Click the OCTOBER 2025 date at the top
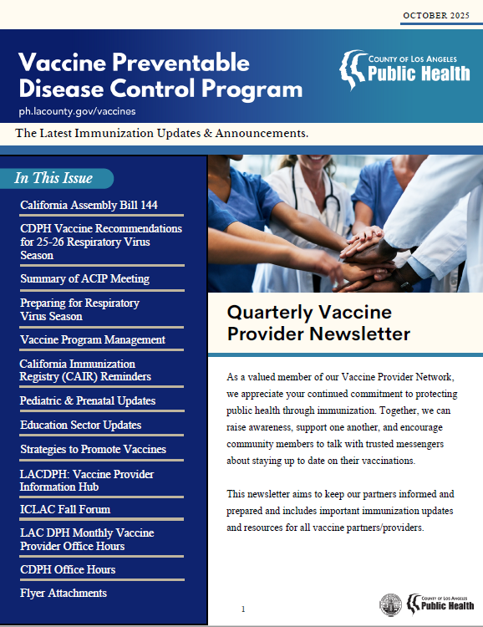436,15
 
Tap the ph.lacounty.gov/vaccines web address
77,110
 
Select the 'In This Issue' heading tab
55,178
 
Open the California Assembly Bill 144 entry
89,205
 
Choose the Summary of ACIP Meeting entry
84,278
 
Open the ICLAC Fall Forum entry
65,509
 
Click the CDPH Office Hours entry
68,569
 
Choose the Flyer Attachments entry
64,593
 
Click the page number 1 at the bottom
243,609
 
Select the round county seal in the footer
390,604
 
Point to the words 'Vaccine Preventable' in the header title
134,62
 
